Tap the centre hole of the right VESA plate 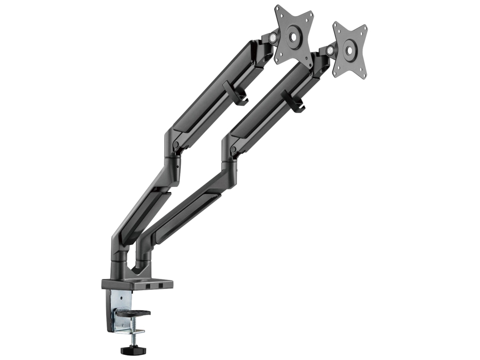(349, 51)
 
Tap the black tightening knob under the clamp (134, 350)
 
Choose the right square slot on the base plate (161, 286)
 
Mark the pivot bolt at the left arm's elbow (176, 144)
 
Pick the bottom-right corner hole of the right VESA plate (362, 74)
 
